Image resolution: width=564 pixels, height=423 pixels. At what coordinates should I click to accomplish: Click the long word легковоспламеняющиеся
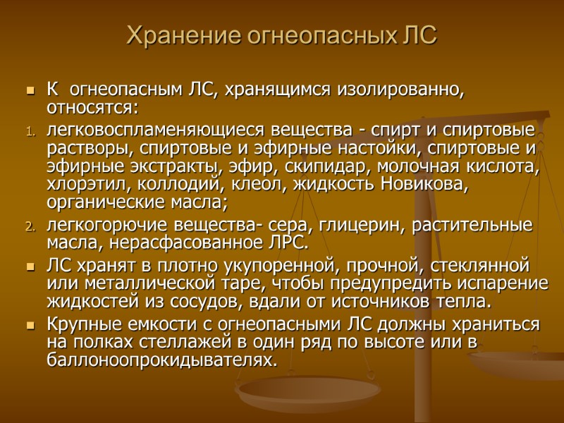coord(154,131)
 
